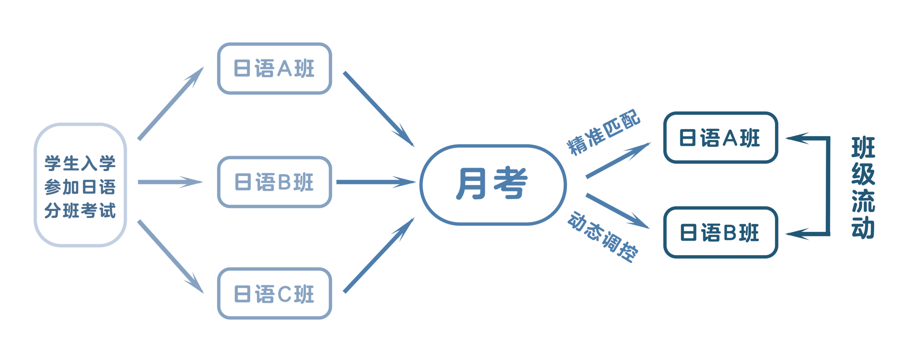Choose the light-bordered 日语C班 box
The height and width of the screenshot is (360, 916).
[x=275, y=293]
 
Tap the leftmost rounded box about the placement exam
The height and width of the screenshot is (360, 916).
[x=80, y=185]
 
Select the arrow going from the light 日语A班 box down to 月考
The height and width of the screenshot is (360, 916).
[x=379, y=109]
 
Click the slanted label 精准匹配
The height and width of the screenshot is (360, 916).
[x=604, y=132]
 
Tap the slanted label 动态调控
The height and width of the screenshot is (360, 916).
[x=603, y=237]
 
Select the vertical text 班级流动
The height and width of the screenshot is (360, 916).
[x=863, y=187]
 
